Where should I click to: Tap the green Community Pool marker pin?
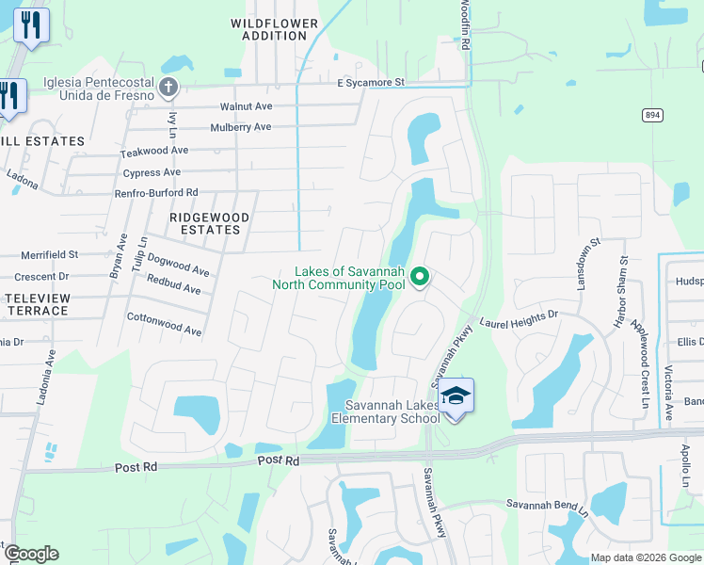[x=422, y=276]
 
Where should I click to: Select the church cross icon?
[x=168, y=89]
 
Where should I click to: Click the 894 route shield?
[x=652, y=114]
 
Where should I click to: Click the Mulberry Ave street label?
[x=241, y=127]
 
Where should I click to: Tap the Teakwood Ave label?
[x=154, y=151]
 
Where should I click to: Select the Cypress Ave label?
[x=152, y=173]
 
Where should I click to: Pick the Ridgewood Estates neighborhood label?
[x=209, y=223]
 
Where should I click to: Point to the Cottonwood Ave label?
[x=165, y=325]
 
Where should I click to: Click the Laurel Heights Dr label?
[x=519, y=319]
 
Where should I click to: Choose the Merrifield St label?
[x=50, y=254]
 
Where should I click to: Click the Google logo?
[x=31, y=554]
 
